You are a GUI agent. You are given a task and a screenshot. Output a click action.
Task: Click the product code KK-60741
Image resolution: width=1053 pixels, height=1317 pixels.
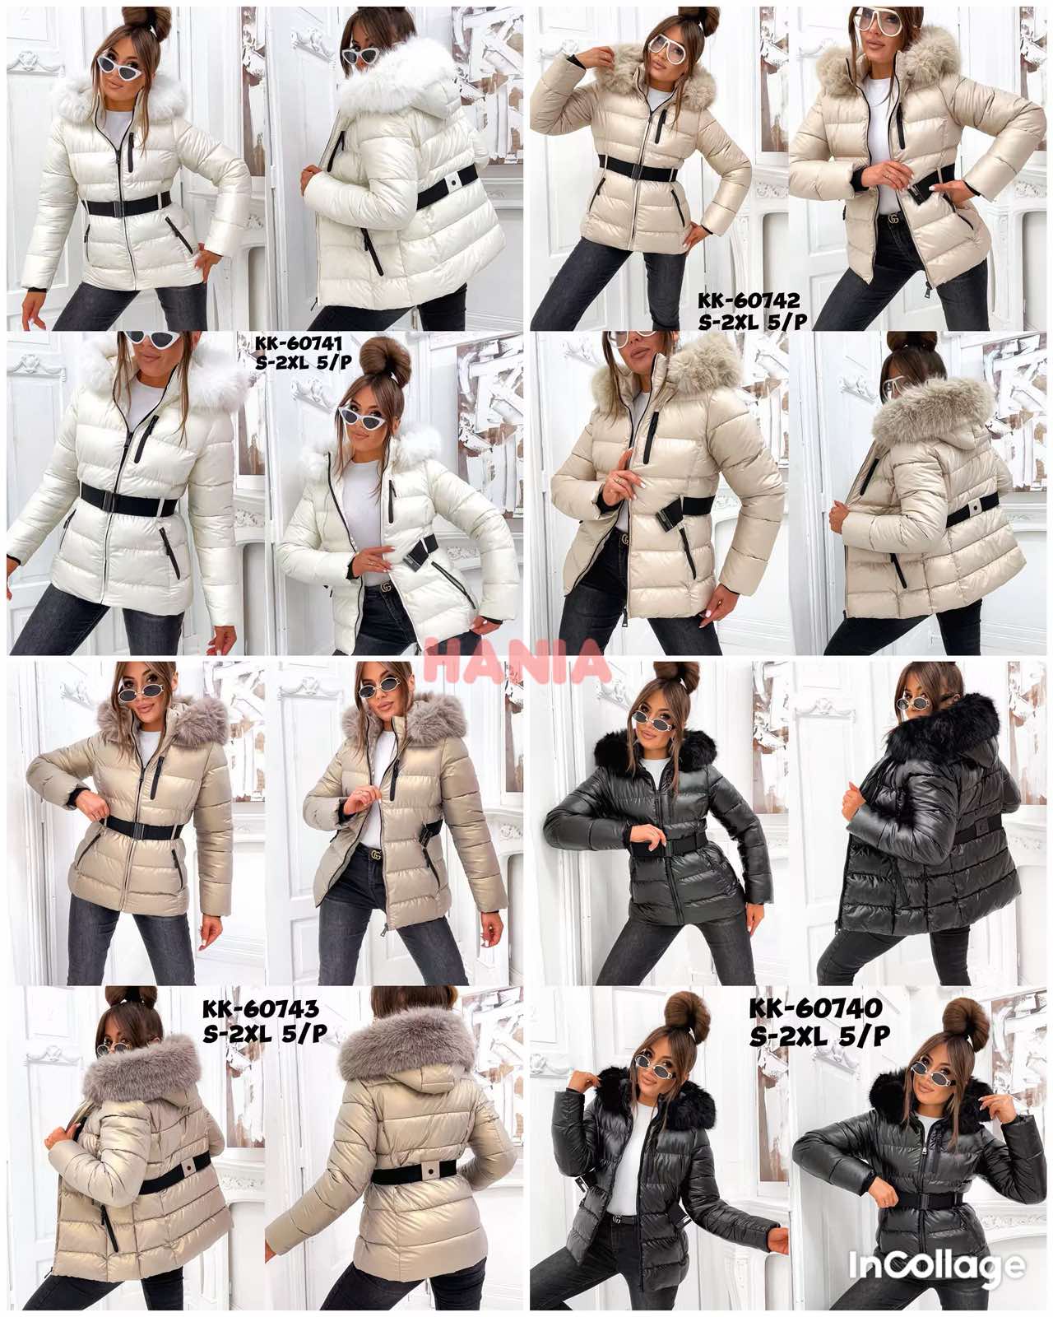tap(290, 347)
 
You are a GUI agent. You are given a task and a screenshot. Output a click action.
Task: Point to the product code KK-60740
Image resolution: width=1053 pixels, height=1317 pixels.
tap(815, 1008)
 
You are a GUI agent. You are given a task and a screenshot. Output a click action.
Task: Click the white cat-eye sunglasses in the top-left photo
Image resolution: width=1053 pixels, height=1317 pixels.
tap(119, 63)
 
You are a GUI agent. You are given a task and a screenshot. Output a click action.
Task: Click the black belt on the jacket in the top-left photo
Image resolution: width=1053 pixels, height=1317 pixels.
tap(127, 204)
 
